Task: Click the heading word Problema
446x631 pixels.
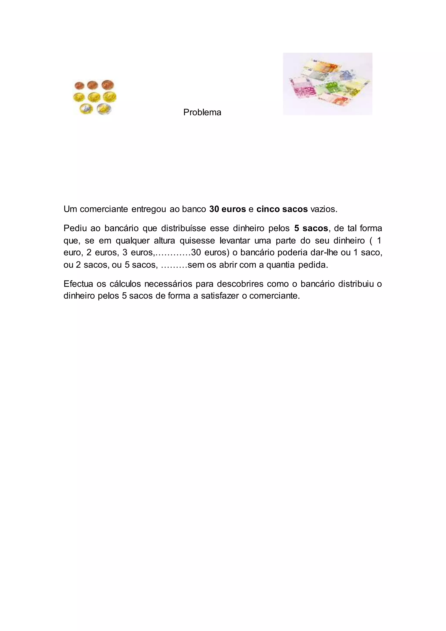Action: (202, 112)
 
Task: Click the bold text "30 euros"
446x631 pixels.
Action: (227, 209)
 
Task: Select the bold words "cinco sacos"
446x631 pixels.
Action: (282, 209)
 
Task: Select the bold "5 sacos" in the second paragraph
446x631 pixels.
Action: (311, 228)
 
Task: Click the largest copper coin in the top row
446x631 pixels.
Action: (107, 85)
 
